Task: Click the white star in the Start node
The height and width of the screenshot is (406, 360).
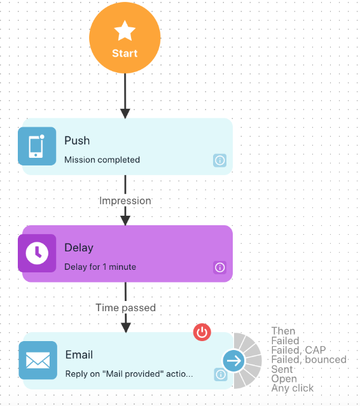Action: (125, 31)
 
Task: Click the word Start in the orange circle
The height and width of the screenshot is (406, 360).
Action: (125, 53)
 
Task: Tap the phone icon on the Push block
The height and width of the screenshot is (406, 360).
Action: (37, 146)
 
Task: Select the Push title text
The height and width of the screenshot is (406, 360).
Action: (77, 141)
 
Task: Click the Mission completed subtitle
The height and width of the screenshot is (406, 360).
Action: (102, 160)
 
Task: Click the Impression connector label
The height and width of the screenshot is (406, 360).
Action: (125, 200)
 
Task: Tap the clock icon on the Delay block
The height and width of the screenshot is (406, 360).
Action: (37, 253)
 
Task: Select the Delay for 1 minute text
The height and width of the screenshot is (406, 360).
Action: (100, 267)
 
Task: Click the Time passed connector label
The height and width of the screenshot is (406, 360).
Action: (126, 307)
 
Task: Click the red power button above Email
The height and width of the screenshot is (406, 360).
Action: (202, 332)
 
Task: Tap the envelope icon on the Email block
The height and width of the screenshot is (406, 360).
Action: (38, 360)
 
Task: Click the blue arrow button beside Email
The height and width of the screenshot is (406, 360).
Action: (233, 361)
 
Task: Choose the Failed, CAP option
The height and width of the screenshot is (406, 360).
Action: (298, 350)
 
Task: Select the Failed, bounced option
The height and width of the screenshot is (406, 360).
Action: (308, 360)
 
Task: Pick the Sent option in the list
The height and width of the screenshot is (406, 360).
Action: (282, 369)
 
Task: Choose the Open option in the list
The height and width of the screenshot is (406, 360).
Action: (284, 379)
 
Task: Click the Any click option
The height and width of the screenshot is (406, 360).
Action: (293, 388)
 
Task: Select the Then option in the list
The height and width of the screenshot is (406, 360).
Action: (283, 331)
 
